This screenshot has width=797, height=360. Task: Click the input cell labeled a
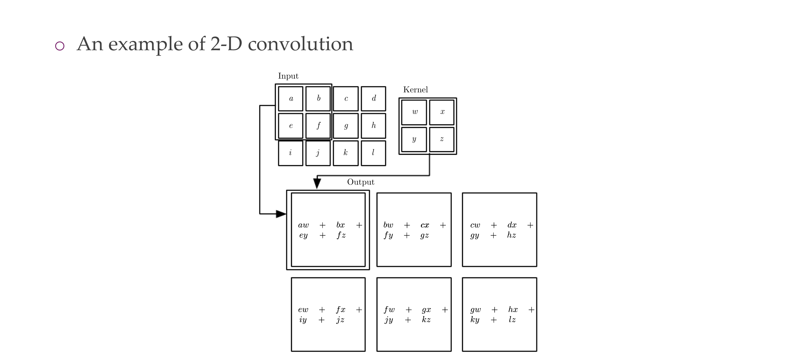(290, 99)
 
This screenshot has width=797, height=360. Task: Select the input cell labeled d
(373, 99)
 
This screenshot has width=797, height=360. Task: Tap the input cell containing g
(345, 125)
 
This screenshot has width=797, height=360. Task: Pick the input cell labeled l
(373, 153)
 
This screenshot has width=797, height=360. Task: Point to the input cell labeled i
(290, 153)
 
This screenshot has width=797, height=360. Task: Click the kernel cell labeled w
(414, 112)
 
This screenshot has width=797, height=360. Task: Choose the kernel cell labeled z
(441, 139)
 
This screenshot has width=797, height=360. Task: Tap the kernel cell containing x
(441, 112)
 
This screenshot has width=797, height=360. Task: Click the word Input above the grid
(288, 76)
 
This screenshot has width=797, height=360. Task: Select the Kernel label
(415, 90)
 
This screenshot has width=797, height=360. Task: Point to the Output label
(360, 182)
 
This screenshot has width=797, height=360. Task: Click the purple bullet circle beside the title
(60, 46)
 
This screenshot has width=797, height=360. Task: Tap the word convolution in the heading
(300, 44)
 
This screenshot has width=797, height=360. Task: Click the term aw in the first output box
(303, 225)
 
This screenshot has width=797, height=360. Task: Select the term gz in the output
(424, 235)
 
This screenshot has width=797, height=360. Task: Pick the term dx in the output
(512, 225)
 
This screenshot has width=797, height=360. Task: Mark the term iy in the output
(303, 320)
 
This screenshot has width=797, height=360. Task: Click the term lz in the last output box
(512, 320)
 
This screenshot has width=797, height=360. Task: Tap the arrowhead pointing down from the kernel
(317, 183)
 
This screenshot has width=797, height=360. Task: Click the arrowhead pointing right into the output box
(281, 214)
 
